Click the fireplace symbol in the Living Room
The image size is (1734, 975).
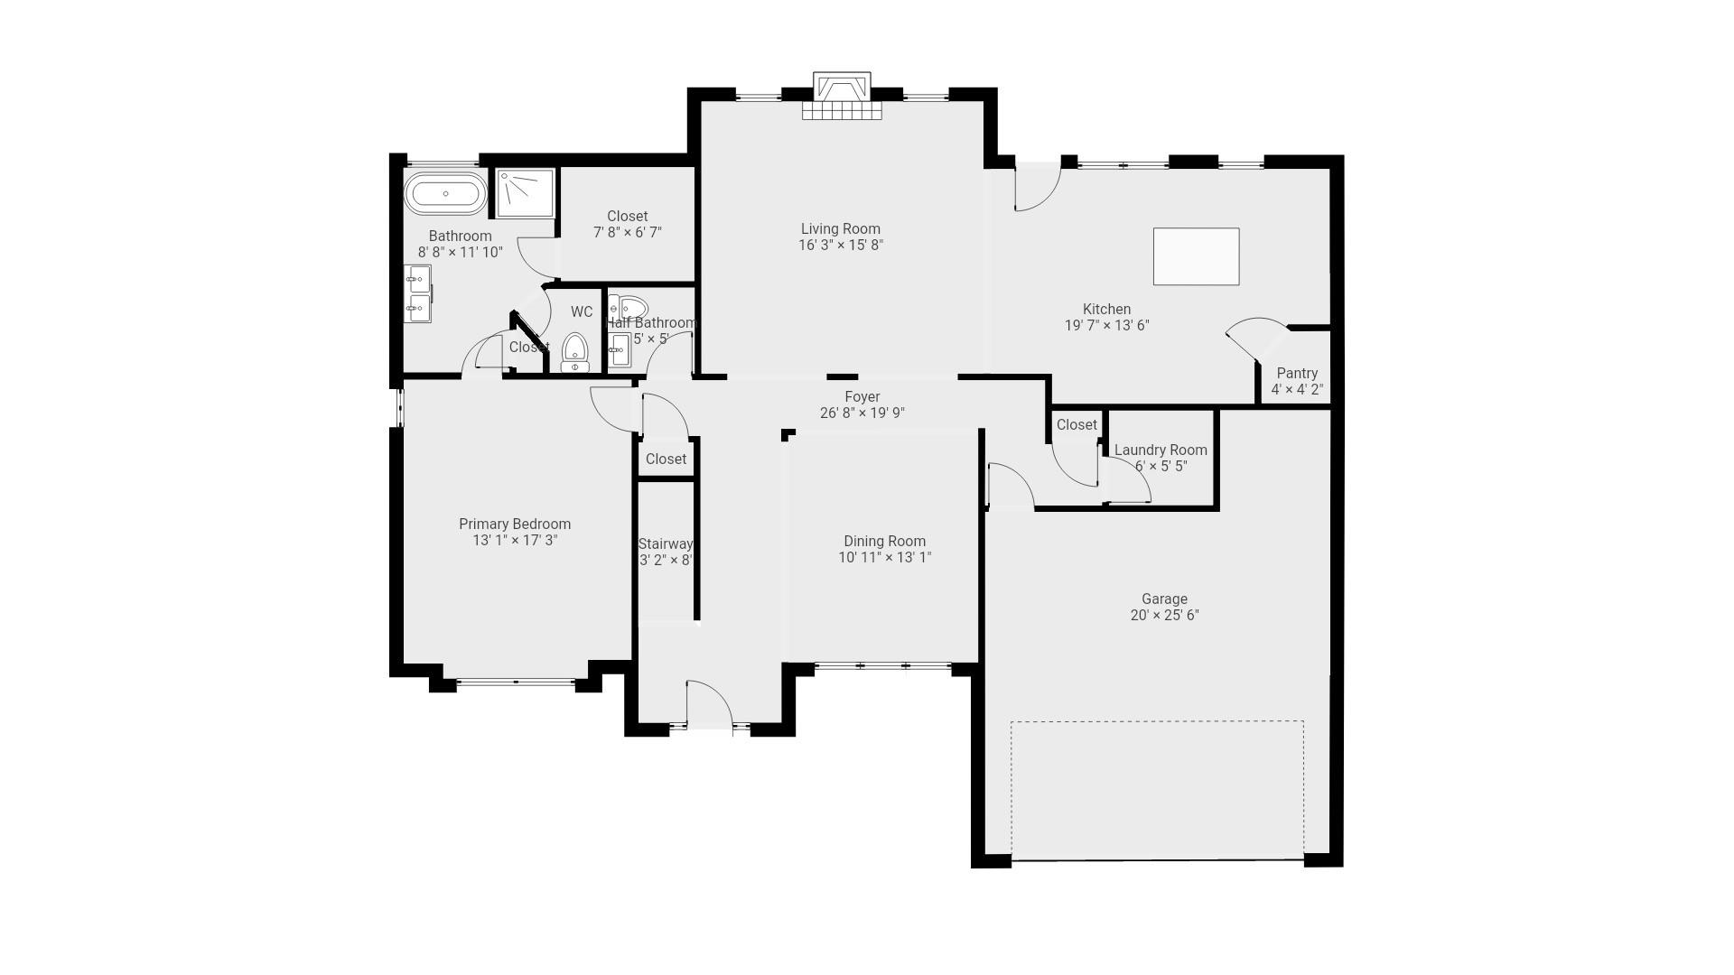(841, 96)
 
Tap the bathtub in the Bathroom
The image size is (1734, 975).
(444, 194)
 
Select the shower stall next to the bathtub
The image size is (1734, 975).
(524, 192)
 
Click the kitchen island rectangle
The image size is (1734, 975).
(1196, 256)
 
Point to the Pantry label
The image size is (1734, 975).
(1297, 374)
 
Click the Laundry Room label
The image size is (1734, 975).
(1161, 450)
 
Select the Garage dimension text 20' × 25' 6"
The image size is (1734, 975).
(1164, 616)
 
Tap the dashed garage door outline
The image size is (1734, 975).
(1157, 790)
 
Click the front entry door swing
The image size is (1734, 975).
(709, 703)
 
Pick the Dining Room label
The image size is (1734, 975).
(884, 542)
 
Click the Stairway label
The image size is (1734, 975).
(666, 544)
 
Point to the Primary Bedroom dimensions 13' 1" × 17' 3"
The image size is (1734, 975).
(515, 541)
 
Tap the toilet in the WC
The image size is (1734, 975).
(575, 353)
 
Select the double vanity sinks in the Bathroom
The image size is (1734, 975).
(417, 294)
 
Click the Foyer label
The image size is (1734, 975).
(862, 397)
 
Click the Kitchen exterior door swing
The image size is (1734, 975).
(1037, 189)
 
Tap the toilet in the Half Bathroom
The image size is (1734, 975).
(629, 308)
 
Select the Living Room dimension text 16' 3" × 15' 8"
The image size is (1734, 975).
(840, 246)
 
